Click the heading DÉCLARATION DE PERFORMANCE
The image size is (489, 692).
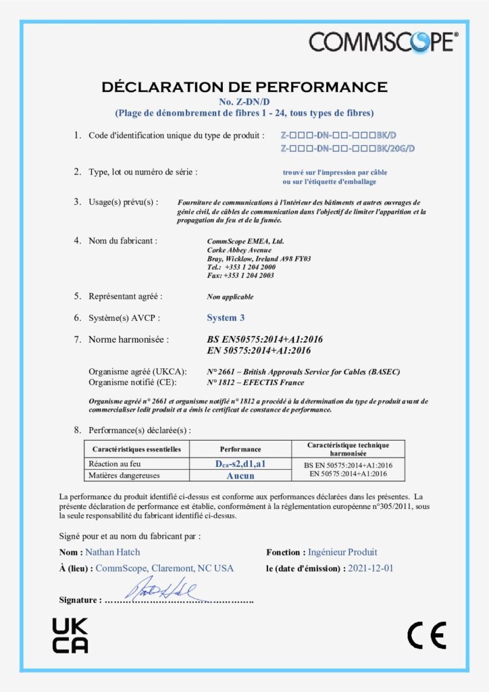pyautogui.click(x=244, y=87)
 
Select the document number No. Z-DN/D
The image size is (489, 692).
pyautogui.click(x=244, y=101)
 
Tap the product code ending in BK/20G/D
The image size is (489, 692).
pyautogui.click(x=347, y=149)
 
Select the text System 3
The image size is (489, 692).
pyautogui.click(x=222, y=318)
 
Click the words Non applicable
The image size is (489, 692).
pyautogui.click(x=230, y=297)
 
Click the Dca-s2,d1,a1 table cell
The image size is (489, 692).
pyautogui.click(x=240, y=464)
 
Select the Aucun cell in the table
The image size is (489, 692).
pyautogui.click(x=240, y=476)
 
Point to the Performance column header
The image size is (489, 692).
pyautogui.click(x=240, y=449)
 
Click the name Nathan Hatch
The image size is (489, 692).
pyautogui.click(x=113, y=552)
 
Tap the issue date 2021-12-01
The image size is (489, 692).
pyautogui.click(x=370, y=568)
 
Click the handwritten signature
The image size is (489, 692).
pyautogui.click(x=159, y=589)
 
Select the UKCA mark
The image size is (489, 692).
pyautogui.click(x=70, y=636)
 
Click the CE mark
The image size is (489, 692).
pyautogui.click(x=426, y=636)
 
